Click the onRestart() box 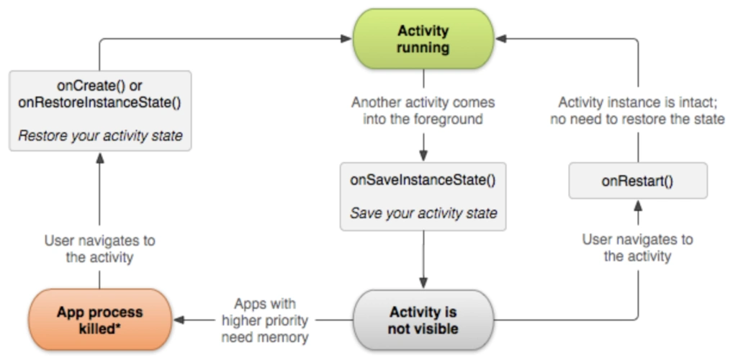[637, 181]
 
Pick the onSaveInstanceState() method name [423, 181]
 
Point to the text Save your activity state [423, 213]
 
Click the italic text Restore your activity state [100, 135]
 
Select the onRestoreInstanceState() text [100, 102]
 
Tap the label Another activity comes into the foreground [423, 111]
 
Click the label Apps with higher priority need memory [265, 320]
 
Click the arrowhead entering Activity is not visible [423, 284]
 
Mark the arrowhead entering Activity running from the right [501, 39]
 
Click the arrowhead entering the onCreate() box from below [100, 158]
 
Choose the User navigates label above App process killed [100, 248]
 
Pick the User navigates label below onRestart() [637, 247]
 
